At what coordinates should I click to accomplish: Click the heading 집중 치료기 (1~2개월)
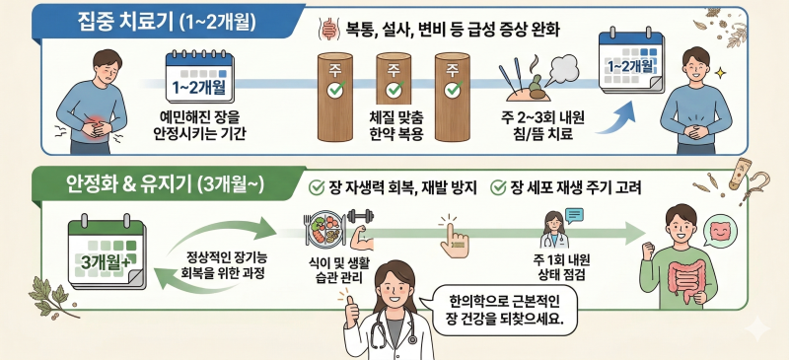click(x=167, y=22)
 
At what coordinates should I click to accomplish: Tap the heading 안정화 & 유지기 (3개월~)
click(x=165, y=185)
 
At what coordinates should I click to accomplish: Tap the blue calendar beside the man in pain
click(x=199, y=77)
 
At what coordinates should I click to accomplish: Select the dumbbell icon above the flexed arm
click(x=360, y=216)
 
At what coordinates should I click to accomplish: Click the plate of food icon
click(x=325, y=231)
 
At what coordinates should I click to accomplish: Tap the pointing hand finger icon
click(x=453, y=238)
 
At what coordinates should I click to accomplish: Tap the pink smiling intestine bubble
click(x=720, y=231)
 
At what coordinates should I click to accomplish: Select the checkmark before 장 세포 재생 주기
click(x=498, y=188)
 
